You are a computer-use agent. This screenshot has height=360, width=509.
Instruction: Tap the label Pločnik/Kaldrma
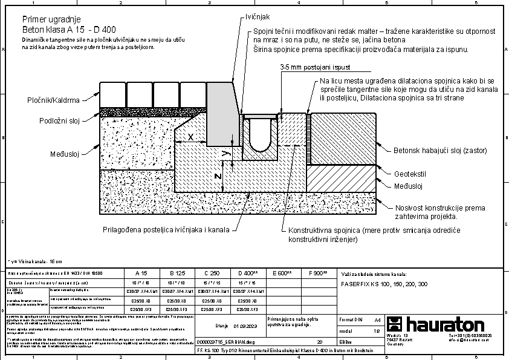click(53, 99)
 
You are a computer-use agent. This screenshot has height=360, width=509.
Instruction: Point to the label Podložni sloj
click(60, 121)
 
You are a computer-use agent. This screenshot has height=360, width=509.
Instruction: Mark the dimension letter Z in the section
click(219, 176)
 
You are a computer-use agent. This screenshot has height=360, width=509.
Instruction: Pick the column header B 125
click(176, 273)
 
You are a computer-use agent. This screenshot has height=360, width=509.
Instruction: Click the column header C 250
click(211, 273)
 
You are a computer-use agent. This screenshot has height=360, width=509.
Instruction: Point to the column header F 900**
click(318, 273)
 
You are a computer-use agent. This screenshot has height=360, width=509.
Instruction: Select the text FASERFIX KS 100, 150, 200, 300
click(384, 284)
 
